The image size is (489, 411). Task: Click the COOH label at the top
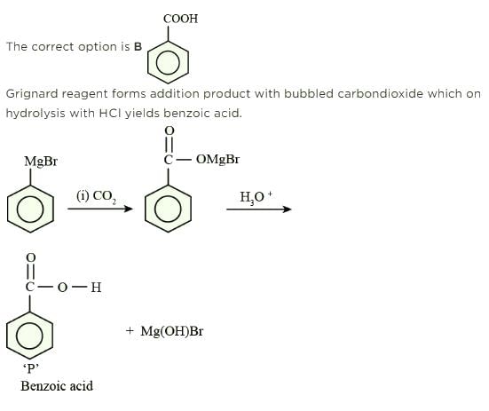pos(180,19)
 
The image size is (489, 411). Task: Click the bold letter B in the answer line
pos(138,47)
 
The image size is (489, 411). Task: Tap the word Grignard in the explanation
pos(32,94)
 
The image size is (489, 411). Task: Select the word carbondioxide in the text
pos(380,93)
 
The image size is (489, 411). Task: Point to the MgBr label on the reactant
pos(41,162)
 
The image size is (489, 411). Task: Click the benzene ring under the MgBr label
pos(7,209)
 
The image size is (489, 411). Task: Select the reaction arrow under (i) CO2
pos(100,209)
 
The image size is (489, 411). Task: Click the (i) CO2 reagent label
pos(97,196)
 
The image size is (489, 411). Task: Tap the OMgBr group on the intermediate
pos(217,160)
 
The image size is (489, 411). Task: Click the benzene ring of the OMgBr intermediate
pos(146,209)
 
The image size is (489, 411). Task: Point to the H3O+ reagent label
pos(256,197)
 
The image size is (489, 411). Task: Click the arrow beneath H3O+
pos(259,209)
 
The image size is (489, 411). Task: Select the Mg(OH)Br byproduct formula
pos(172,331)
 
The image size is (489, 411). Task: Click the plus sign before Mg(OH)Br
pos(130,330)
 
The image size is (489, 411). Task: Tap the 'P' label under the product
pos(31,368)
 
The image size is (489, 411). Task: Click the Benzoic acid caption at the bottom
pos(57,386)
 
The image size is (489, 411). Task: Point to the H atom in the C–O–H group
pos(96,288)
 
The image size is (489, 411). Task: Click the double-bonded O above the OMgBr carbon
pos(169,130)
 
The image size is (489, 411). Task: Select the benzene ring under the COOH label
pos(148,62)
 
